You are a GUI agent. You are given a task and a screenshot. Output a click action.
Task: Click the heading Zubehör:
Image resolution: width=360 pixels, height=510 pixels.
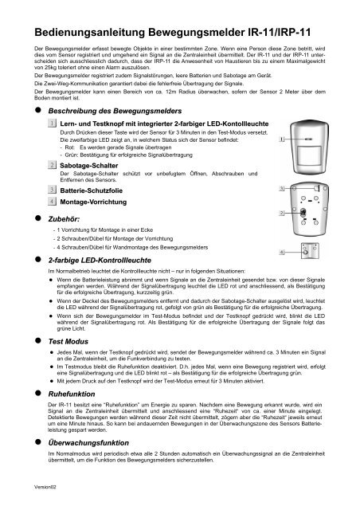pyautogui.click(x=68, y=217)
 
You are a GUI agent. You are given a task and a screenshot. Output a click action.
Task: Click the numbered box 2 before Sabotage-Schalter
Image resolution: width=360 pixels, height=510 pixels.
pyautogui.click(x=52, y=164)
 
